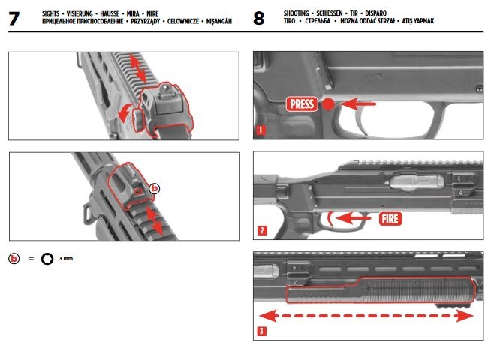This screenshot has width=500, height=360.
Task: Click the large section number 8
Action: pyautogui.click(x=260, y=19)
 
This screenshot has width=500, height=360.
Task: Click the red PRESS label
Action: pyautogui.click(x=303, y=104)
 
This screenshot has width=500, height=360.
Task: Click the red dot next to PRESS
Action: pyautogui.click(x=328, y=104)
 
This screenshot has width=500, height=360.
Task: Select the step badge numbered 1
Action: pyautogui.click(x=260, y=130)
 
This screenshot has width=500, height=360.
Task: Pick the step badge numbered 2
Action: pyautogui.click(x=260, y=231)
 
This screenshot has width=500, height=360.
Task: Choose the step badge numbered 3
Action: pyautogui.click(x=260, y=330)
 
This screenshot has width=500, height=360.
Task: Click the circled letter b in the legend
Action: pyautogui.click(x=14, y=258)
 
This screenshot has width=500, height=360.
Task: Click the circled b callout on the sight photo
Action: pyautogui.click(x=155, y=189)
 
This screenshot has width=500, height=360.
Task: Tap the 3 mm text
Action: pyautogui.click(x=66, y=258)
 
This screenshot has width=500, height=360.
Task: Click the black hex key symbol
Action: pyautogui.click(x=47, y=258)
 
